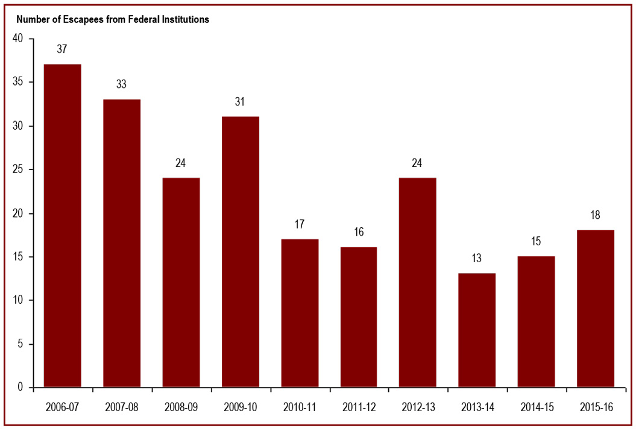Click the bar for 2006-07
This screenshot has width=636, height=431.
(x=63, y=225)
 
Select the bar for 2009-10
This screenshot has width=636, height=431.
(x=240, y=251)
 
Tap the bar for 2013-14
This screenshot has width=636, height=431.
(x=477, y=330)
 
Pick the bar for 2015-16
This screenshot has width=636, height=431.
(x=596, y=308)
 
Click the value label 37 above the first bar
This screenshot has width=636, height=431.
(x=62, y=49)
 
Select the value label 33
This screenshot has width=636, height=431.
(x=122, y=84)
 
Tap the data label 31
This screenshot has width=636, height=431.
(x=240, y=102)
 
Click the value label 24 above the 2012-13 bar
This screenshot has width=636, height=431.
(x=418, y=163)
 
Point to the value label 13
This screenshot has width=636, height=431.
(x=477, y=259)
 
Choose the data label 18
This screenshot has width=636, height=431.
(x=596, y=215)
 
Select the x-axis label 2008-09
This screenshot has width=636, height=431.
(x=181, y=407)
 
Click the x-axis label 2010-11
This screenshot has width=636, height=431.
(x=300, y=407)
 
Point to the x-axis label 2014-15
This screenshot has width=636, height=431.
(x=537, y=407)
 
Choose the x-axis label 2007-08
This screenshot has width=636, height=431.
(x=122, y=407)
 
